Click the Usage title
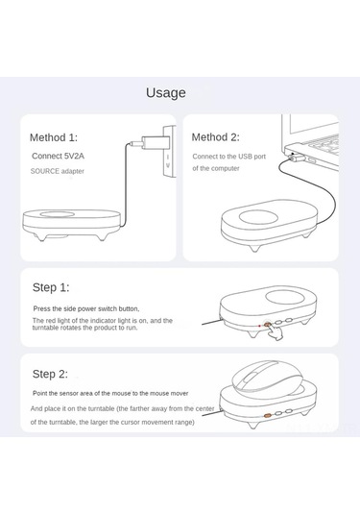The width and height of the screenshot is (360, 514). click(166, 93)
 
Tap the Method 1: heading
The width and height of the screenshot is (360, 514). click(54, 137)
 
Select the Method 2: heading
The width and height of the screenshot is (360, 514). click(216, 137)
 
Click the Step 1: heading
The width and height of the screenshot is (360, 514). click(51, 287)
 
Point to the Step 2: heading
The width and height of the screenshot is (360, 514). click(50, 374)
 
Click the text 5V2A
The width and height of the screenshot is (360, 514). click(74, 156)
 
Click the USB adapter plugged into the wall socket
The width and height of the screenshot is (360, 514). click(154, 142)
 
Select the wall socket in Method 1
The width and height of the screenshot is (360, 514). click(170, 152)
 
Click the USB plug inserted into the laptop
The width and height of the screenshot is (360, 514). click(295, 158)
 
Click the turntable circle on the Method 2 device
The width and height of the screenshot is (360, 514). click(258, 217)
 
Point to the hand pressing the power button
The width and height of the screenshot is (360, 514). click(275, 332)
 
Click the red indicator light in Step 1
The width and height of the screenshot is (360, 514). click(259, 326)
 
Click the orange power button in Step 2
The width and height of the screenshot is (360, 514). click(268, 415)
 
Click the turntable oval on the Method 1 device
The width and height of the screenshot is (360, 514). click(57, 214)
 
